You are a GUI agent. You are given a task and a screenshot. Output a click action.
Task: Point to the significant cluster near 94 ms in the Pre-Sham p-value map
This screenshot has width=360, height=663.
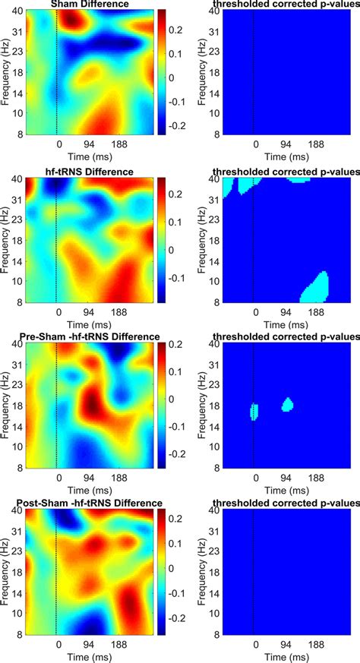pos(286,405)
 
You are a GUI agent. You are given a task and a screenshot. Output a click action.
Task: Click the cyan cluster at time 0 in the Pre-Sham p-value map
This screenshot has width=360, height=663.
pos(254,411)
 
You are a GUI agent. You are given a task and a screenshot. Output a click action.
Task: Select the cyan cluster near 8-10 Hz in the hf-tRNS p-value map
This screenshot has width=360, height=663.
pos(315,286)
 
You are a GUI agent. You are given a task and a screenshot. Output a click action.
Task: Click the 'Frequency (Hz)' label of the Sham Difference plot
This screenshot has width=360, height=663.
pos(6,73)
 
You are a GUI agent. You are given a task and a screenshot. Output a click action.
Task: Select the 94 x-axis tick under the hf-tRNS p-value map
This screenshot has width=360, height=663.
pos(286,312)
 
